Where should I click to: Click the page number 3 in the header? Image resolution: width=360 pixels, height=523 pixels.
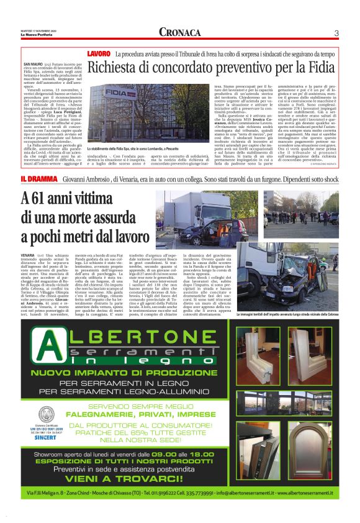coord(335,33)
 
